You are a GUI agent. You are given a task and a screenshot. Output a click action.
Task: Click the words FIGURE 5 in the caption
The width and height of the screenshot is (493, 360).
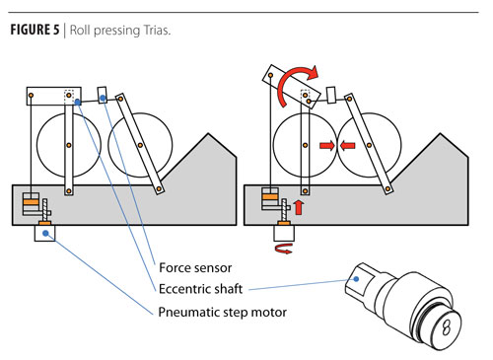coord(35,30)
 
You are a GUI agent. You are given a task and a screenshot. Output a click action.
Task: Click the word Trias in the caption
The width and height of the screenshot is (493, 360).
coord(156,31)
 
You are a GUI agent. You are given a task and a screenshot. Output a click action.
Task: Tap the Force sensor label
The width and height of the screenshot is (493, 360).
coord(195,267)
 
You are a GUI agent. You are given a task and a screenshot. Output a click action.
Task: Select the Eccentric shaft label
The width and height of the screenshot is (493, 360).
coord(200,289)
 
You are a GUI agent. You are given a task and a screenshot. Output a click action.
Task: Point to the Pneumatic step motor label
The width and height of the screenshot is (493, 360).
coord(223,312)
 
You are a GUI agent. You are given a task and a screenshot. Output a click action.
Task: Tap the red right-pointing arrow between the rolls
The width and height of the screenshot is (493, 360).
coord(327,145)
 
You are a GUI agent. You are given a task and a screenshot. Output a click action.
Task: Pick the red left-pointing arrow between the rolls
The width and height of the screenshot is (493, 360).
coord(347,145)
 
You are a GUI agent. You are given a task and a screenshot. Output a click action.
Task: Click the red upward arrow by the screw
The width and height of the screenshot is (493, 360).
coord(299,207)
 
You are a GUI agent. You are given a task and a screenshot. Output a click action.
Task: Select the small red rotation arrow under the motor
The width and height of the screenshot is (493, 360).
coord(283,249)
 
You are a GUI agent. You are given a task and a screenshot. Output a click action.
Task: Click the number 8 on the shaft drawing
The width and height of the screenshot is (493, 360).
coord(447,327)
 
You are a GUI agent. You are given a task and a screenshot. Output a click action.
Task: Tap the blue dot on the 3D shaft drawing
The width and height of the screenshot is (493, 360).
coord(356,279)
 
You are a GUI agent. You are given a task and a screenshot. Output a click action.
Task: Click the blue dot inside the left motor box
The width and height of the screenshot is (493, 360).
coord(45,233)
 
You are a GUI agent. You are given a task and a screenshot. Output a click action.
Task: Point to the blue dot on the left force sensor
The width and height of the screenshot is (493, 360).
coord(103,98)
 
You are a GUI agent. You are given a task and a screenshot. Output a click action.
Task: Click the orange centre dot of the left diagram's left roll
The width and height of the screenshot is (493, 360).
coord(69,145)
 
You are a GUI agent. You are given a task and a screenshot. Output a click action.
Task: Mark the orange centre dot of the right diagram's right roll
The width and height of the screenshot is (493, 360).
coord(370,145)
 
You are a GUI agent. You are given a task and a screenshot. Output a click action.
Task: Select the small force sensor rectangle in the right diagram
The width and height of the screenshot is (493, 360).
coord(331,95)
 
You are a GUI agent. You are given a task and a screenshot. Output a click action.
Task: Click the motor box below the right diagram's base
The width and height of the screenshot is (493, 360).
coord(284,233)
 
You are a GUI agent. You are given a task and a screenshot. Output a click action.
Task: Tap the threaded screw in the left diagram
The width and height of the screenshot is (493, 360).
coord(45,210)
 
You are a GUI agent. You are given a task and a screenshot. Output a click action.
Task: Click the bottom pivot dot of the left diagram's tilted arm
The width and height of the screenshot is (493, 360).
coord(159,188)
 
